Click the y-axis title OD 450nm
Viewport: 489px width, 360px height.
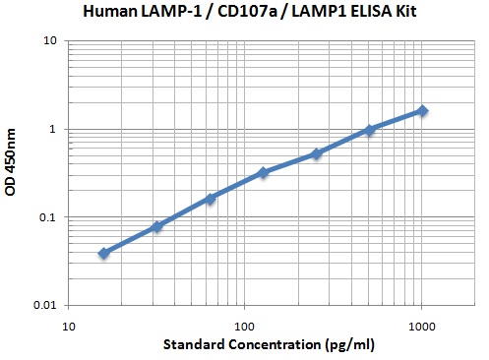12,172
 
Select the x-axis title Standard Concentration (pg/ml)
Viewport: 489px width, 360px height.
245,345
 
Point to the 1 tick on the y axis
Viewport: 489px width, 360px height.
51,129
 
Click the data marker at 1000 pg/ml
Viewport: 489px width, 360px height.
422,111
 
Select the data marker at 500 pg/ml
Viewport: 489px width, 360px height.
369,130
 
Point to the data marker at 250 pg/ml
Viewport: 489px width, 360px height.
316,153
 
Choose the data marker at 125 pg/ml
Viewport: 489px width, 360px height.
263,173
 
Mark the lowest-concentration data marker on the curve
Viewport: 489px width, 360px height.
103,253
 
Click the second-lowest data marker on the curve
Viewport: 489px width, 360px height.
156,227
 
